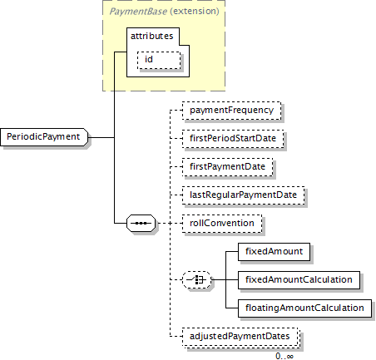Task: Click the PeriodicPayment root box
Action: coord(44,137)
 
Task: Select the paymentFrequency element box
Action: coord(231,111)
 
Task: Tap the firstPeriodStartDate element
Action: coord(233,139)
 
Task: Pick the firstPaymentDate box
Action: coord(227,167)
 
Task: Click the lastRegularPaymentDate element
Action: coord(243,195)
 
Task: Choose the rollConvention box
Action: coord(222,224)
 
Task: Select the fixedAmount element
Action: coord(274,252)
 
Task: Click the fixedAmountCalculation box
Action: coord(299,280)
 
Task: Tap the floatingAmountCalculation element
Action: coord(304,308)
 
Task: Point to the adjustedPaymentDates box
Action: coord(240,337)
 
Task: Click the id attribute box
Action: coord(159,60)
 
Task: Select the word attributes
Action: coord(152,36)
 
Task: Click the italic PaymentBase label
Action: coord(138,12)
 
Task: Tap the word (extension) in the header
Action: coord(195,11)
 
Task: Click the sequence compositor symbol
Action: coord(141,223)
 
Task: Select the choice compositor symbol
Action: coord(196,279)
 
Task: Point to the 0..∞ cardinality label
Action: coord(284,356)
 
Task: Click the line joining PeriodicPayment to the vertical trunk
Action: coord(101,137)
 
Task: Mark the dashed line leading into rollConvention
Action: coord(169,223)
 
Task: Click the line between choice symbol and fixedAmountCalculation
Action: coord(225,279)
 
